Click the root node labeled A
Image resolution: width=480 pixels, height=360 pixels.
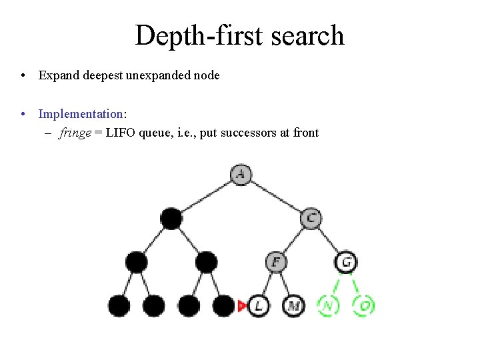[241, 175]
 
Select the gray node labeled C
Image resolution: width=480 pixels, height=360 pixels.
[311, 218]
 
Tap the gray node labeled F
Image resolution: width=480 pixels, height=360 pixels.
[275, 262]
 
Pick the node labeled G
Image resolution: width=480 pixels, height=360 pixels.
[346, 262]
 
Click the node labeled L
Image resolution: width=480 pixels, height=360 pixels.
[259, 306]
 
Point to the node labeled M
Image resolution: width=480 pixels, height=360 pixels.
[293, 306]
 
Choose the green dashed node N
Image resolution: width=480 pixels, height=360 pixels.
[328, 306]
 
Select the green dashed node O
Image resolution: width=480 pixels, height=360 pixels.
[364, 306]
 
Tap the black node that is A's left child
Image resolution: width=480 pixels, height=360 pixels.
[171, 218]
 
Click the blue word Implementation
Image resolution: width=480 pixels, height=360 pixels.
[81, 114]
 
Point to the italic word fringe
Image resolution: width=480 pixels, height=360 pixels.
[75, 133]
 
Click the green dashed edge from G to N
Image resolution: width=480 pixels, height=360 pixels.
[337, 285]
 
